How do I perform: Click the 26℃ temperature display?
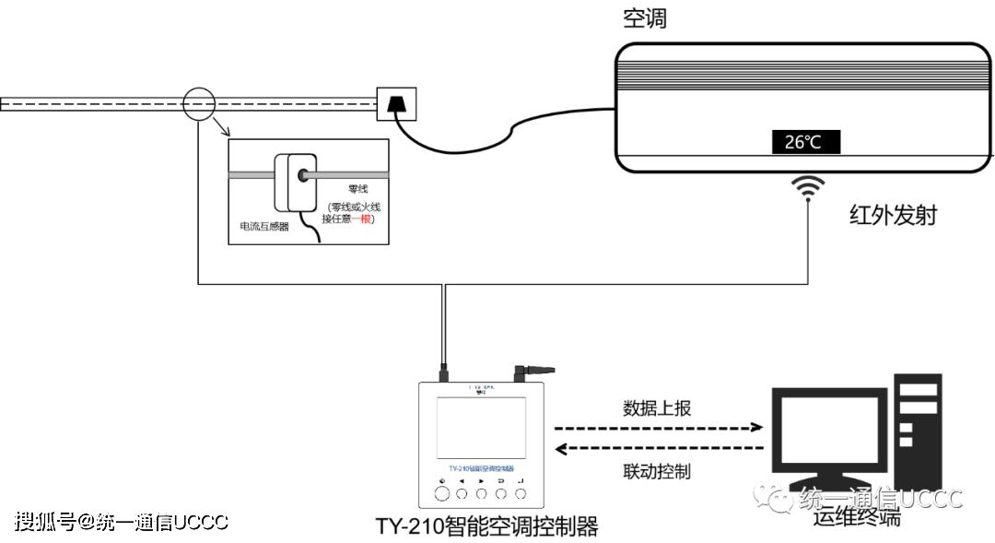tap(805, 142)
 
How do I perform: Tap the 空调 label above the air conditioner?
tap(644, 18)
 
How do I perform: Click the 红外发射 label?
tap(893, 216)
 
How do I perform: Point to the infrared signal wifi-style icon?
tap(810, 187)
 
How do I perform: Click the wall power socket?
tap(396, 103)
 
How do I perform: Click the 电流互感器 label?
tap(263, 226)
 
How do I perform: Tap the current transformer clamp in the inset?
tap(294, 182)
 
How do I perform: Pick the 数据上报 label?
tap(656, 408)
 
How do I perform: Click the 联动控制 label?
tap(656, 471)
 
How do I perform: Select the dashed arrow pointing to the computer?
tap(659, 428)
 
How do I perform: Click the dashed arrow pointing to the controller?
tap(659, 450)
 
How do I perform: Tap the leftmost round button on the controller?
tap(442, 494)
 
